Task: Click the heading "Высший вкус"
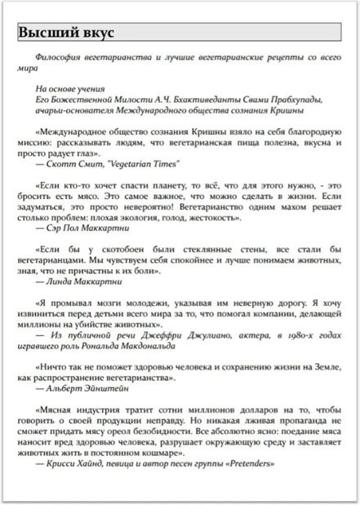tap(66, 33)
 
